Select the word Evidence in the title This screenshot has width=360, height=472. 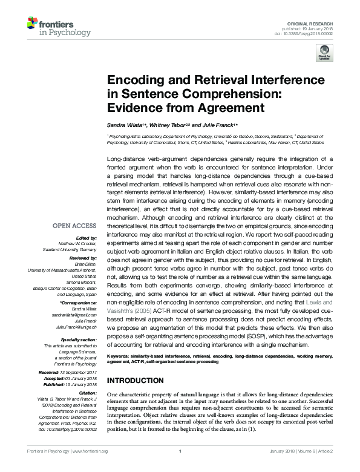point(135,108)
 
